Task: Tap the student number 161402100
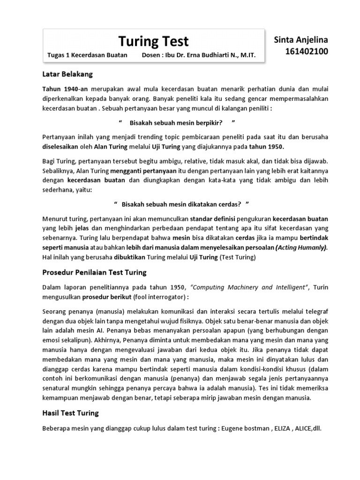point(307,52)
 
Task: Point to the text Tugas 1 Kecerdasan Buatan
point(87,56)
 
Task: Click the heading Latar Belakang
point(67,74)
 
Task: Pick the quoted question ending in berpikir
point(176,122)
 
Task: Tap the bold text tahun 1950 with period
point(270,146)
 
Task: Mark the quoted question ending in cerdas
point(181,204)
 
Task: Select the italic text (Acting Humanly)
point(301,247)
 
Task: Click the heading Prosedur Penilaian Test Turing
point(94,272)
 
